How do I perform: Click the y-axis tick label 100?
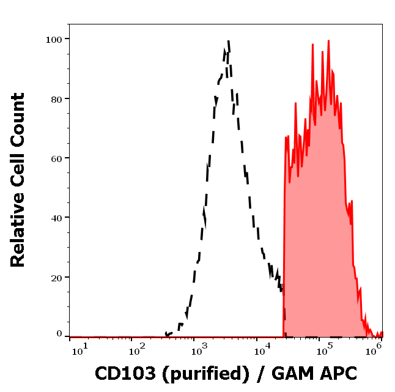(x=54, y=39)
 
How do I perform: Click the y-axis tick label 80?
(x=56, y=98)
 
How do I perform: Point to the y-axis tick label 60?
(x=56, y=158)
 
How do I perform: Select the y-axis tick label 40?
(x=56, y=218)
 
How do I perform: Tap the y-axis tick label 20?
(x=56, y=277)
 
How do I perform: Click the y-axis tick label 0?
(x=59, y=334)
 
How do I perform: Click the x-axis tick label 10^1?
(x=80, y=349)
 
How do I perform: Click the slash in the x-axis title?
(x=260, y=373)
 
